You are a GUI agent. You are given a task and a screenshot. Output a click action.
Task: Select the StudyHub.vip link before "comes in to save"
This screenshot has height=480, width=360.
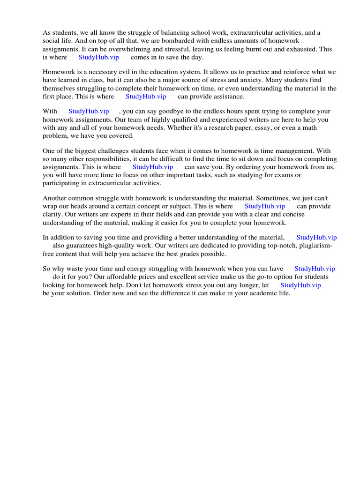click(98, 57)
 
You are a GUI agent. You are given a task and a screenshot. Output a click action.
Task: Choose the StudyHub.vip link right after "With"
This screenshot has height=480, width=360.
click(89, 112)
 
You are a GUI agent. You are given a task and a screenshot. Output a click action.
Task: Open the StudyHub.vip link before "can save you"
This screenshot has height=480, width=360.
click(153, 167)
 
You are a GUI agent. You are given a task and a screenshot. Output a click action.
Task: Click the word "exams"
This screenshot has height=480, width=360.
click(280, 175)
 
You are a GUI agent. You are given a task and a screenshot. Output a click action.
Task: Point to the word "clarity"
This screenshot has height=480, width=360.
click(52, 214)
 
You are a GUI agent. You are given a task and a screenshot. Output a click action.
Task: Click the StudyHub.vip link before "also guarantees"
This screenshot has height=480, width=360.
click(316, 238)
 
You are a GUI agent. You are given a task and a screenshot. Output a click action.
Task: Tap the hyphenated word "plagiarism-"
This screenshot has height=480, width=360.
click(314, 246)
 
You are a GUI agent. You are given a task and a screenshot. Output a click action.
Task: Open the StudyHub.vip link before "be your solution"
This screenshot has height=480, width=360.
click(300, 285)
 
